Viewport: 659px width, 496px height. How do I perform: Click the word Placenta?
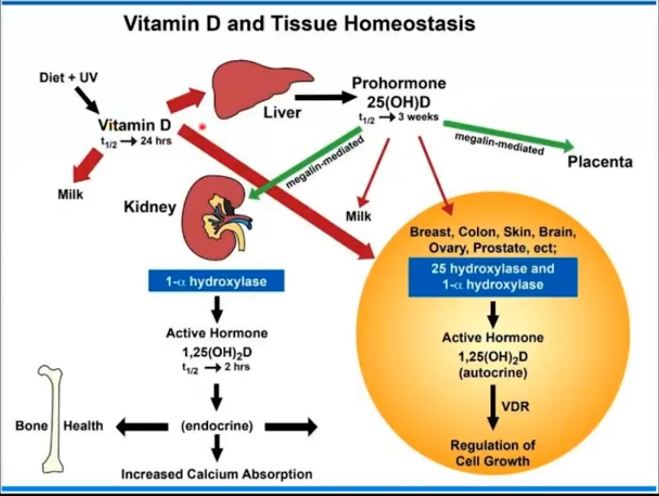[x=600, y=161]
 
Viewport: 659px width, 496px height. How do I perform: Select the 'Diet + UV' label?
[x=68, y=77]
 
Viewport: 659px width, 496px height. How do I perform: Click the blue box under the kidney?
[x=216, y=281]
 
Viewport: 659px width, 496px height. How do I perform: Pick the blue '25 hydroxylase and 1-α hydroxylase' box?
[x=493, y=277]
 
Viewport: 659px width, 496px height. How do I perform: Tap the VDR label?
[x=515, y=406]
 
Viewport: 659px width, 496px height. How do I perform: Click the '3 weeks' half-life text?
[x=418, y=117]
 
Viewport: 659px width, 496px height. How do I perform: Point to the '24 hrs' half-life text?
[x=156, y=141]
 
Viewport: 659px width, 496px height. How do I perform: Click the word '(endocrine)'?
[x=217, y=426]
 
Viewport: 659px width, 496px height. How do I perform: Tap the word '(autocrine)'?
[x=493, y=373]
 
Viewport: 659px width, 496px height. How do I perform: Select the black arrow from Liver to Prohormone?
[x=325, y=97]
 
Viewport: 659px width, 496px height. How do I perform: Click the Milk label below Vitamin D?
[x=70, y=194]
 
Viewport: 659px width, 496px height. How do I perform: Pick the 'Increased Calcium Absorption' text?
[x=217, y=474]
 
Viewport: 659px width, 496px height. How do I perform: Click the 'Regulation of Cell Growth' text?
[x=493, y=453]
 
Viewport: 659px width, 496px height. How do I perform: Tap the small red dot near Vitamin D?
[x=202, y=127]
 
